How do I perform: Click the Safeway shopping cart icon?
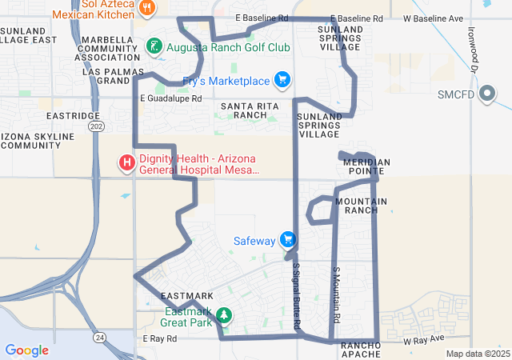click(x=288, y=240)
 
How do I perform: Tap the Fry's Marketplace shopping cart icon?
click(x=281, y=80)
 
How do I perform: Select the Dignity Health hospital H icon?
click(x=126, y=164)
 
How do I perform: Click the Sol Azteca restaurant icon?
click(x=147, y=8)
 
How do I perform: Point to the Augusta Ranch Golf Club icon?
click(x=153, y=48)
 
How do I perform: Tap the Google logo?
click(x=26, y=350)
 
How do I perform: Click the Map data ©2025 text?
click(x=478, y=354)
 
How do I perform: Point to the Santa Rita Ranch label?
click(x=244, y=110)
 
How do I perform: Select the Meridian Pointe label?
click(x=366, y=167)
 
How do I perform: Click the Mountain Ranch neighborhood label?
click(x=362, y=206)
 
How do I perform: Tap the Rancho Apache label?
click(x=366, y=350)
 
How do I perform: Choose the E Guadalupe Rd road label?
click(x=170, y=98)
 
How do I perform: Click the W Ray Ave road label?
click(x=422, y=340)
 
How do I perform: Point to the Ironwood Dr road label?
click(x=474, y=50)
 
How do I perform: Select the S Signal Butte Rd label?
click(x=297, y=295)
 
